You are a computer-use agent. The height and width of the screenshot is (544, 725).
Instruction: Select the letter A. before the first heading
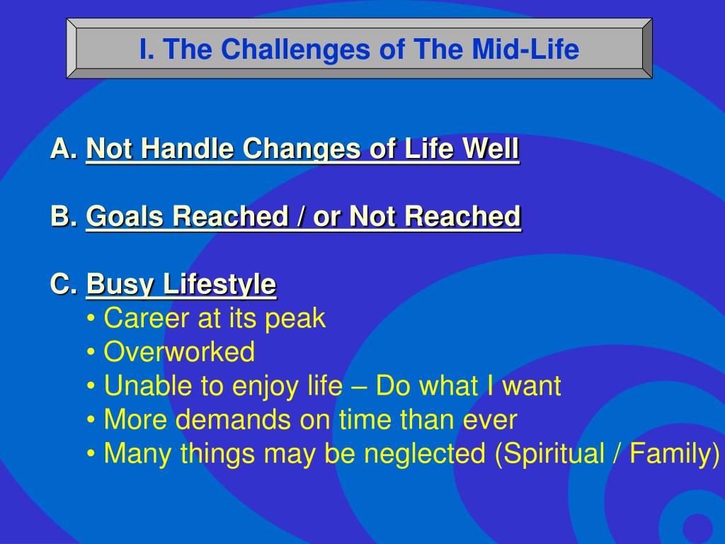click(64, 149)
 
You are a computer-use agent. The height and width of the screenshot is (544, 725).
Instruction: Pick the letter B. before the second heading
click(64, 216)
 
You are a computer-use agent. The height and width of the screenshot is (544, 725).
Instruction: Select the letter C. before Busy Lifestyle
click(64, 283)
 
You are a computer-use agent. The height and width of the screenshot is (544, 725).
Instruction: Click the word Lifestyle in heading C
click(219, 284)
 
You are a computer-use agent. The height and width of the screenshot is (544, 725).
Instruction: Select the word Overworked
click(179, 351)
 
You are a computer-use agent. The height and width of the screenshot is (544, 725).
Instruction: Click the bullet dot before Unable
click(91, 386)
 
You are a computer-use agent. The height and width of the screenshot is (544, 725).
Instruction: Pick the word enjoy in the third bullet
click(265, 387)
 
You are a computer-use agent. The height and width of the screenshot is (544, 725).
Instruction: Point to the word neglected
click(425, 453)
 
